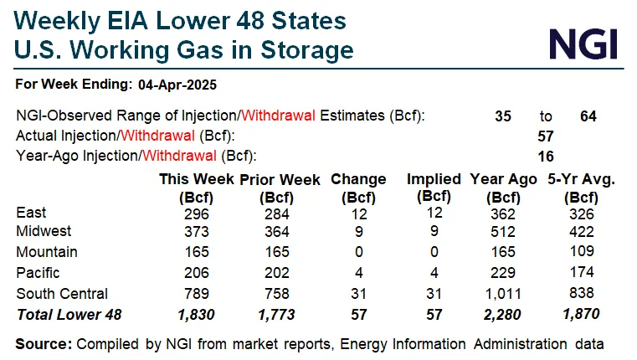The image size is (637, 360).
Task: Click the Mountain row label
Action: click(x=47, y=252)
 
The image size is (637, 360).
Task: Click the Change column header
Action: click(x=358, y=179)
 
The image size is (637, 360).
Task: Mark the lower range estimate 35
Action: click(x=502, y=116)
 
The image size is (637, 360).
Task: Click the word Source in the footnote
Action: click(x=43, y=343)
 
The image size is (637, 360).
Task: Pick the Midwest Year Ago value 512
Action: click(x=503, y=232)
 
